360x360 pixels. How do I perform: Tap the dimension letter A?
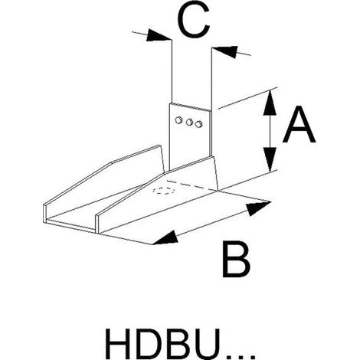pos(299,125)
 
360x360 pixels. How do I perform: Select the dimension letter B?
pos(236,260)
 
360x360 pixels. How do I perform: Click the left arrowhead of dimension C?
pos(159,35)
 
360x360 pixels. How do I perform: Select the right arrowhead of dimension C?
pos(224,51)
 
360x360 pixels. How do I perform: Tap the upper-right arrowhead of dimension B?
pos(258,208)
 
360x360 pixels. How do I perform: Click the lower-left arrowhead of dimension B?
pos(165,238)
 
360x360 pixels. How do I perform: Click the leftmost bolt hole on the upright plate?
pos(178,119)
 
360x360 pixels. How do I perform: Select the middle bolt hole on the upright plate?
pos(189,122)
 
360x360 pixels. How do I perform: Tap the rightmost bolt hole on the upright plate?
pos(198,124)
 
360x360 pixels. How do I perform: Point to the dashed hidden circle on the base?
pos(163,191)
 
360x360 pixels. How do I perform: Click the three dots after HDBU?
pos(241,355)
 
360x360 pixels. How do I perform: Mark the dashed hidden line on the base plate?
pos(191,185)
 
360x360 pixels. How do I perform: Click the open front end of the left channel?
pos(70,219)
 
